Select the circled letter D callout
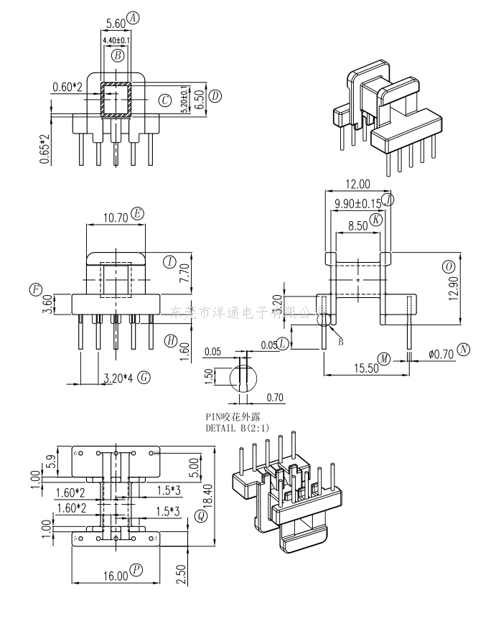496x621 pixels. (x=215, y=95)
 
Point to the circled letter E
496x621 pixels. (x=138, y=213)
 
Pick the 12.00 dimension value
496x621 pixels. (x=357, y=184)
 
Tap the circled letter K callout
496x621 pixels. (x=376, y=219)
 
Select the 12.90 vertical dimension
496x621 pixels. (x=451, y=291)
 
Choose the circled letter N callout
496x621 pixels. (x=464, y=350)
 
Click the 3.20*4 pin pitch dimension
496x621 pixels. (x=118, y=378)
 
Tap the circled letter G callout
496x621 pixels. (x=144, y=377)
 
